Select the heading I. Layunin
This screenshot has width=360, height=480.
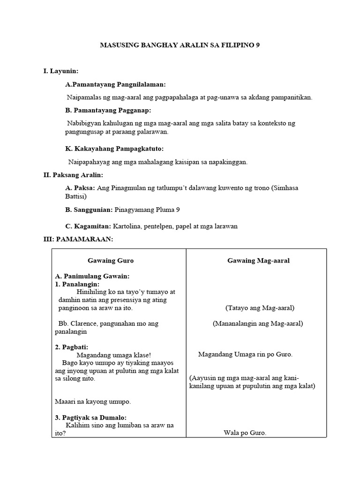[x=60, y=71]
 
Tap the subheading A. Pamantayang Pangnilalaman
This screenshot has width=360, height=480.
[x=115, y=84]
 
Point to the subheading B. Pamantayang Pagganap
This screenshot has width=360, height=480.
[x=108, y=110]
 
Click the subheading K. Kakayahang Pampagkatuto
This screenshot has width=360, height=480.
[x=114, y=149]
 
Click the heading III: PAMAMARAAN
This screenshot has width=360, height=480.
[x=78, y=239]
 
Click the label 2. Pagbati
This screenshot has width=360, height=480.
[x=72, y=347]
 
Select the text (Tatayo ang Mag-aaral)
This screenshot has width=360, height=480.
[x=259, y=308]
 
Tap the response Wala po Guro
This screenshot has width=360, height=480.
[x=245, y=433]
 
